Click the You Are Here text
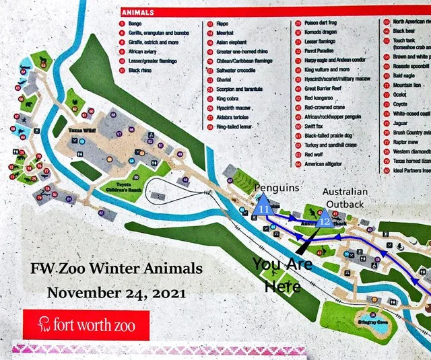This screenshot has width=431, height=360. coord(278,274)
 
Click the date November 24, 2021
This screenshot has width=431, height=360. coord(115,293)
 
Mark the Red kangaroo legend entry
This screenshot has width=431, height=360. coord(321,98)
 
